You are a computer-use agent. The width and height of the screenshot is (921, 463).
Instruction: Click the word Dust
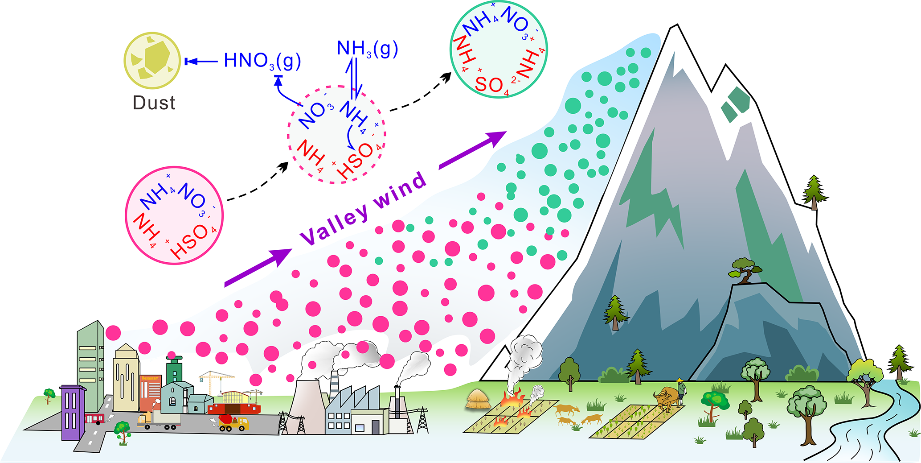click(x=154, y=103)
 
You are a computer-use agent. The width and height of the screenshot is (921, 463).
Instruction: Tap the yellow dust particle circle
click(x=152, y=60)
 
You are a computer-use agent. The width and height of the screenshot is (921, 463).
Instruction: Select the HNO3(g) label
click(x=262, y=61)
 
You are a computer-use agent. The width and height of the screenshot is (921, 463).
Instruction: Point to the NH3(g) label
click(x=367, y=49)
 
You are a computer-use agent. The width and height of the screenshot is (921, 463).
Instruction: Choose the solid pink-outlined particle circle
click(x=174, y=215)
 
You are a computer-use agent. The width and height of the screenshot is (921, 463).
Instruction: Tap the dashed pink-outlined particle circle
click(x=337, y=134)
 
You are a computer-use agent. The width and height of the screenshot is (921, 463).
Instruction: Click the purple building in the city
click(x=72, y=412)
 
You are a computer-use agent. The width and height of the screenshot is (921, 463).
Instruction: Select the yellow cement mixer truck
click(x=233, y=422)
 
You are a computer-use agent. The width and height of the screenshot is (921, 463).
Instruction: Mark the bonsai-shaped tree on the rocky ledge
click(x=745, y=270)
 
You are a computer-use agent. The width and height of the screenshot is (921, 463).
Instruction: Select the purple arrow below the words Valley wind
click(x=258, y=267)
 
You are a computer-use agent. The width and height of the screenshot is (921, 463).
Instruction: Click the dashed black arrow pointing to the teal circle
click(x=421, y=93)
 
